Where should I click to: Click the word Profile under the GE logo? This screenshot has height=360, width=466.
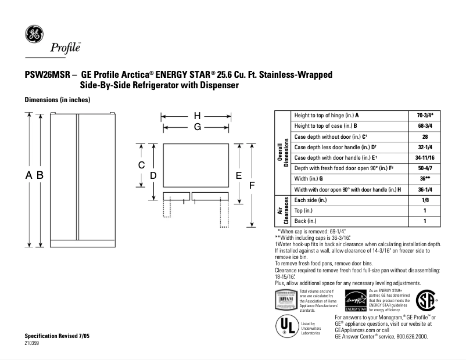coord(65,48)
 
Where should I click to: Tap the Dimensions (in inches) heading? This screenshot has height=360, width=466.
coord(57,100)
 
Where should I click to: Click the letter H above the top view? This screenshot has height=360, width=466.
coord(197,115)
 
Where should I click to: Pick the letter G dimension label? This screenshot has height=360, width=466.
coord(197,126)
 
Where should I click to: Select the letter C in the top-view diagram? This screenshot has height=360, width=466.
coord(141,165)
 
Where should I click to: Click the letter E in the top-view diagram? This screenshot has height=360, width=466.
coord(238,175)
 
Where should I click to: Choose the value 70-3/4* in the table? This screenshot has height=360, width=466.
coord(425,116)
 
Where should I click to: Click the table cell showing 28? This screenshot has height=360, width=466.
coord(425,136)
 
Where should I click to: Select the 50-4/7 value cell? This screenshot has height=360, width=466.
coord(425,168)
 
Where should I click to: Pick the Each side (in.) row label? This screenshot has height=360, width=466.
coord(311,200)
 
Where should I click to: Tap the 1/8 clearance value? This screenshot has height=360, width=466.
coord(425,200)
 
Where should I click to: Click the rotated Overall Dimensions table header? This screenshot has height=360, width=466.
coord(283,153)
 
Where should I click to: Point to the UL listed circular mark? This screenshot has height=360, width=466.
coord(285,326)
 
